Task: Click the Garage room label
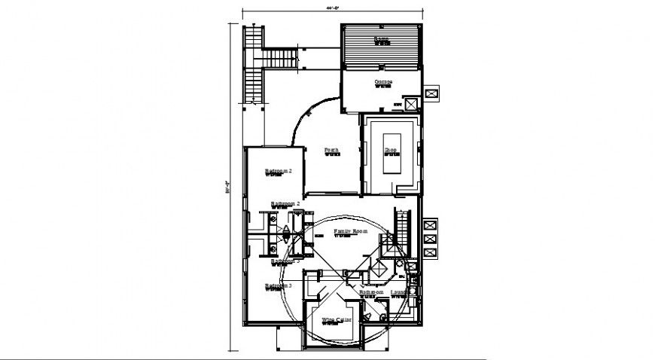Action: point(382,81)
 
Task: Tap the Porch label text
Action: point(331,151)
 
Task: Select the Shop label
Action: point(391,151)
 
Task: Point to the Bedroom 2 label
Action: point(278,172)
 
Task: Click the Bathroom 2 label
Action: point(286,204)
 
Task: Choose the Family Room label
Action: point(351,231)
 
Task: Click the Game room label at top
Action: point(382,38)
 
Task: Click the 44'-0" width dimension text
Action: point(334,8)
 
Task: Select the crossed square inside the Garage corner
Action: point(412,105)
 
